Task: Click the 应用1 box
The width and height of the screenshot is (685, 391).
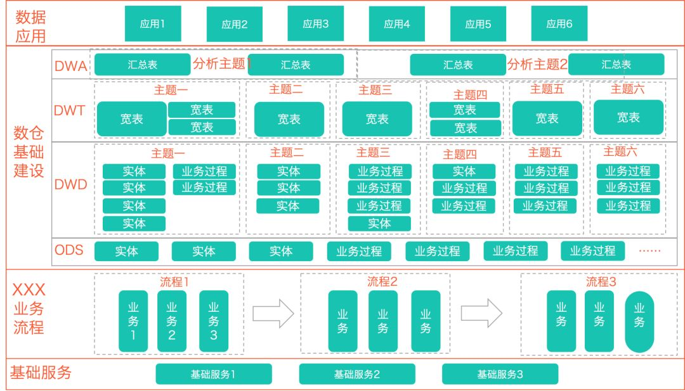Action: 153,24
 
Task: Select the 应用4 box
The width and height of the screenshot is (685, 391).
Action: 397,25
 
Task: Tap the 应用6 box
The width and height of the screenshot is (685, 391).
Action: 559,24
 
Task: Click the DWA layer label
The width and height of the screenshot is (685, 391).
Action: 71,65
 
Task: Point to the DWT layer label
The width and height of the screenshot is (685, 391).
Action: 70,111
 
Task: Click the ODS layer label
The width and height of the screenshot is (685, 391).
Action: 69,250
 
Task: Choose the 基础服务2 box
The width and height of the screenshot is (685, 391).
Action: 357,374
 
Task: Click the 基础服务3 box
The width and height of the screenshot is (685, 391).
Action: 500,374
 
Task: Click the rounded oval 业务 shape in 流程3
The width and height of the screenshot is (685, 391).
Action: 639,322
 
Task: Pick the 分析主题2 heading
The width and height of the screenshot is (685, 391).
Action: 537,64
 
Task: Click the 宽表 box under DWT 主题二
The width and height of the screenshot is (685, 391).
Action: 289,119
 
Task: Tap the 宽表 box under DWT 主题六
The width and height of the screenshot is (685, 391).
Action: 629,117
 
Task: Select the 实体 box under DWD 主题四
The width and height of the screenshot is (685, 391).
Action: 464,171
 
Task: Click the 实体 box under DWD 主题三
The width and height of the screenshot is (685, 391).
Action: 379,224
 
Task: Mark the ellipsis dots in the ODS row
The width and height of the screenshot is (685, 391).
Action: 649,251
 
